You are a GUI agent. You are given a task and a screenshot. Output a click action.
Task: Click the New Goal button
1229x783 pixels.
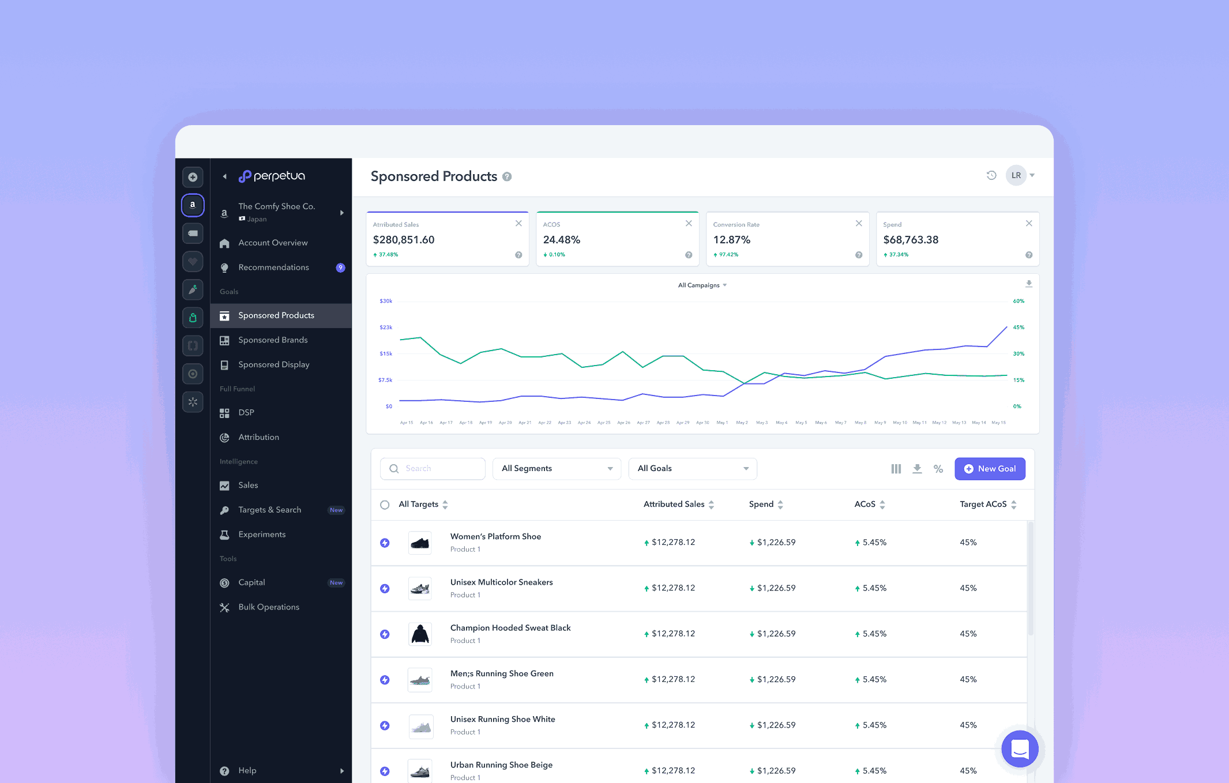coord(990,469)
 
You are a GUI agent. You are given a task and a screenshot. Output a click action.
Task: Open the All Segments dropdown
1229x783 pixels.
coord(557,469)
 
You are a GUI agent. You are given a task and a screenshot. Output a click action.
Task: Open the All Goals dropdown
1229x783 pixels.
coord(692,469)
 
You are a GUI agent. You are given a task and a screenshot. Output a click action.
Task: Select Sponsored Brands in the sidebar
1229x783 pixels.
coord(273,340)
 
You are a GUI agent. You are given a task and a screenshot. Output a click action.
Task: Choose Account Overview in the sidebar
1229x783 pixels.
coord(273,243)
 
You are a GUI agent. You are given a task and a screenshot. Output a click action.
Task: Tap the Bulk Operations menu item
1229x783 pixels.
coord(269,607)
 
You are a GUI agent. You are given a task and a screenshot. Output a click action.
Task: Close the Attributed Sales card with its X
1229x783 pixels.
coord(518,224)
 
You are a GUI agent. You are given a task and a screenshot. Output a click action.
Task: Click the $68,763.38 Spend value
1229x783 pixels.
coord(911,240)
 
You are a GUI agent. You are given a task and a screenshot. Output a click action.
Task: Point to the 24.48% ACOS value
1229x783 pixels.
coord(561,240)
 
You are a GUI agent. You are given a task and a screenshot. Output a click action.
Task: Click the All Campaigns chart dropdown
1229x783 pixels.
coord(702,285)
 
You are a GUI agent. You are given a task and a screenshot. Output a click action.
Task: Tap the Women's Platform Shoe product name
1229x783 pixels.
coord(495,537)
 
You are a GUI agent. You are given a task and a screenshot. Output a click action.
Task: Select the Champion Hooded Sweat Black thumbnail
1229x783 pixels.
coord(420,634)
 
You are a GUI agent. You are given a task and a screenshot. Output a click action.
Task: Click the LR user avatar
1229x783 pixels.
coord(1016,176)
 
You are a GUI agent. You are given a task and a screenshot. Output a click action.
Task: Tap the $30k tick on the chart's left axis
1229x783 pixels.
coord(386,301)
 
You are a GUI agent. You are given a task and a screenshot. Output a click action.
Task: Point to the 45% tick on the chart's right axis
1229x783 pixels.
coord(1018,327)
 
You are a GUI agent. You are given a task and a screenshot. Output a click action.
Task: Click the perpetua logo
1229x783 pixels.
coord(272,176)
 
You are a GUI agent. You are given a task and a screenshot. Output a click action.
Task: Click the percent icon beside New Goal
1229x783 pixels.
coord(938,469)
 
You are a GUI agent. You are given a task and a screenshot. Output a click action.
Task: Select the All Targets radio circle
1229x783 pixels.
coord(385,505)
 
